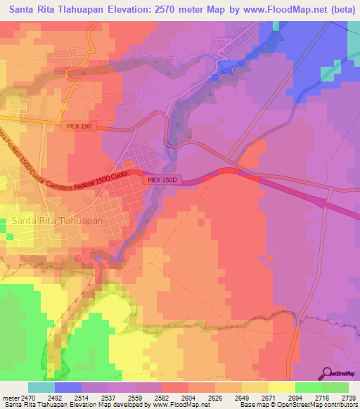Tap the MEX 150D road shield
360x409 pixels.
(x=162, y=181)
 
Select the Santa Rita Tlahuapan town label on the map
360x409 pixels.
(x=57, y=221)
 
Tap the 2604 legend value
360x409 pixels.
(x=176, y=397)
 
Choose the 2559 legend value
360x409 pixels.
(x=122, y=397)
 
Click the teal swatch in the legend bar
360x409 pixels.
(x=41, y=387)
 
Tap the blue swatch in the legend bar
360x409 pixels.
(x=68, y=387)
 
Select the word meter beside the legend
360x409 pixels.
(x=10, y=397)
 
